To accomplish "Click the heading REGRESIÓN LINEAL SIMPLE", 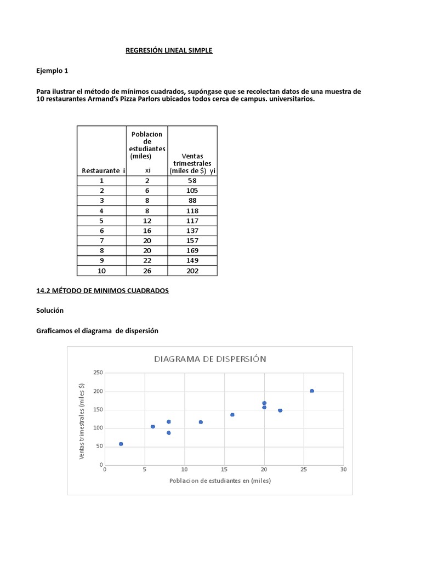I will pos(169,50).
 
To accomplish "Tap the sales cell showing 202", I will pos(192,271).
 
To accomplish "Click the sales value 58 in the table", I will pos(192,180).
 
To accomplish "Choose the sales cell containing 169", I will pos(192,251).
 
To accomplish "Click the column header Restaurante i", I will pos(103,171).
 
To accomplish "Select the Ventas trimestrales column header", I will pos(192,163).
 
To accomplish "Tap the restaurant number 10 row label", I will pos(101,271).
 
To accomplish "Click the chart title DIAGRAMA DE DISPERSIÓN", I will pos(210,359).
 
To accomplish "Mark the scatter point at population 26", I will pos(312,391).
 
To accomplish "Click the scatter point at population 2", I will pos(121,444).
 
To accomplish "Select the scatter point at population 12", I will pos(201,422).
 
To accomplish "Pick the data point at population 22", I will pos(280,410).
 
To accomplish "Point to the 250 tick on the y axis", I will pos(98,373).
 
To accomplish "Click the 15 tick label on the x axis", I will pos(224,470).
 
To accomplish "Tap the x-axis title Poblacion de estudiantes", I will pos(220,481).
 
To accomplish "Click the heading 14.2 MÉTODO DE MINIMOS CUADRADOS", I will pos(103,291).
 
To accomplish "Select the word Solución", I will pos(50,311).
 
